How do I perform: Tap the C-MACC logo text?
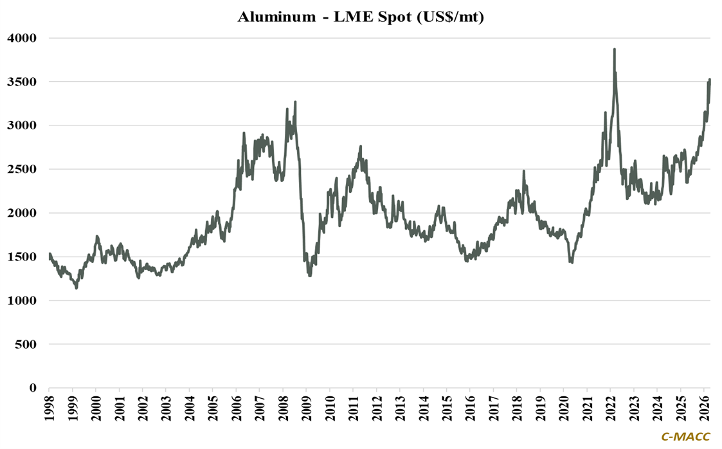686,437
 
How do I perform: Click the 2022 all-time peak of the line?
614,49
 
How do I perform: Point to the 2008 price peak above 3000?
295,102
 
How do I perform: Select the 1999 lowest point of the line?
77,288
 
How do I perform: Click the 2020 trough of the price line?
571,262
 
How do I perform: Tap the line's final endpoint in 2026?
710,80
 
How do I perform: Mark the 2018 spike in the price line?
524,171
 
